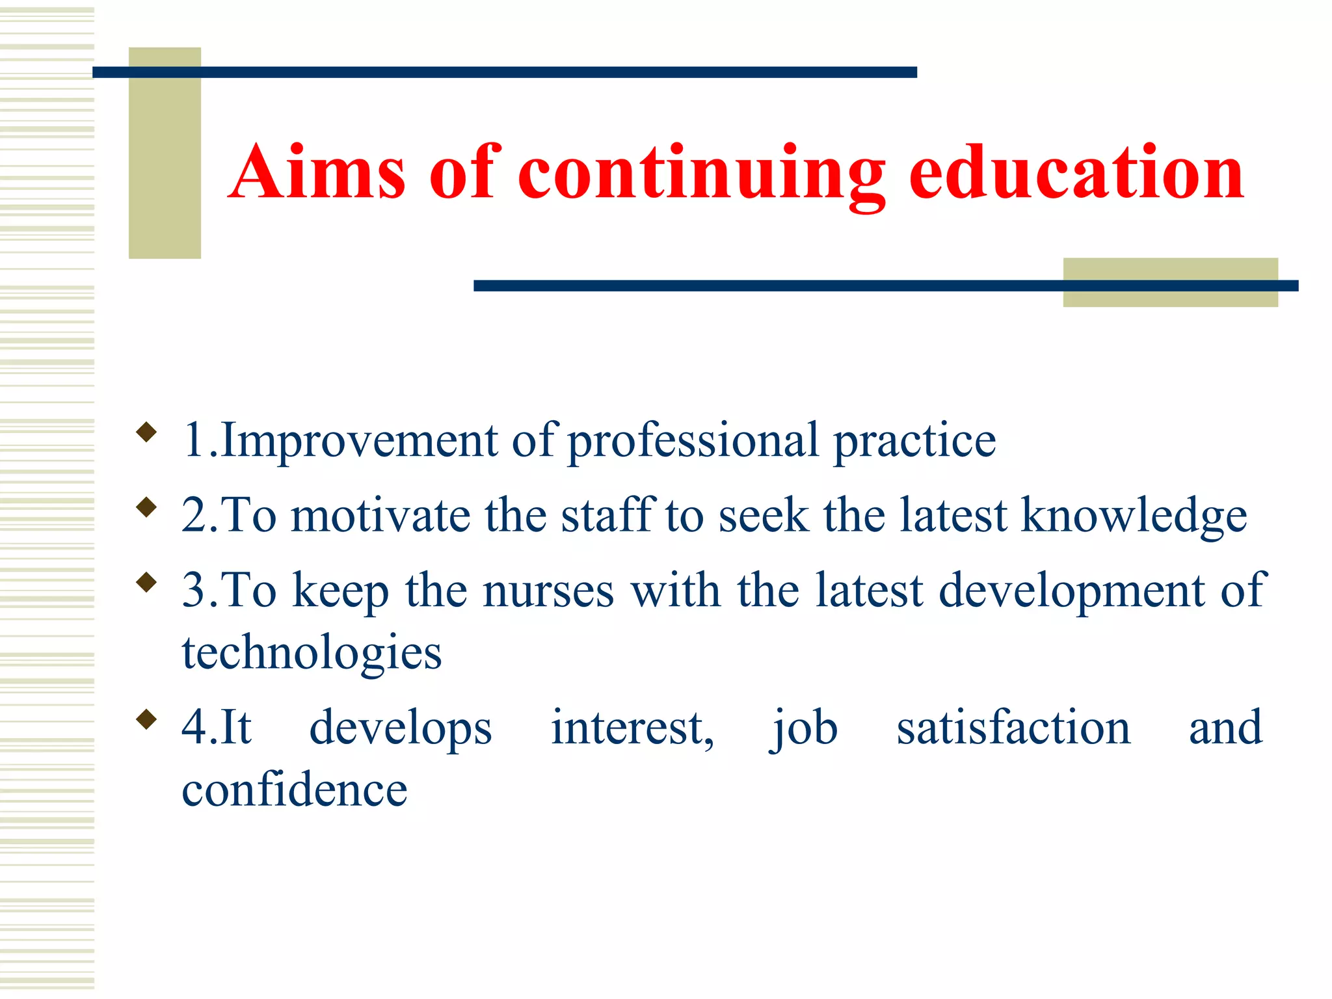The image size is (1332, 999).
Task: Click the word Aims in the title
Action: tap(317, 172)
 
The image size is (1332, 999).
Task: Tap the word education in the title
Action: tap(1076, 172)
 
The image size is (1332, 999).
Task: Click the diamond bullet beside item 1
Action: tap(147, 432)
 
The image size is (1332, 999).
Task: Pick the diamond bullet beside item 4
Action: tap(147, 719)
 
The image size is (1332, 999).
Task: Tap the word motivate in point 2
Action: tap(380, 516)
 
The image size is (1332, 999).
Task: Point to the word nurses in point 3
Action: tap(548, 591)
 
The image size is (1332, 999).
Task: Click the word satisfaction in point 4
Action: tap(1013, 728)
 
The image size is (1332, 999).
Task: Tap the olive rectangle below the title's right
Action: tap(1170, 282)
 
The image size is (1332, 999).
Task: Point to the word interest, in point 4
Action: tap(632, 728)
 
